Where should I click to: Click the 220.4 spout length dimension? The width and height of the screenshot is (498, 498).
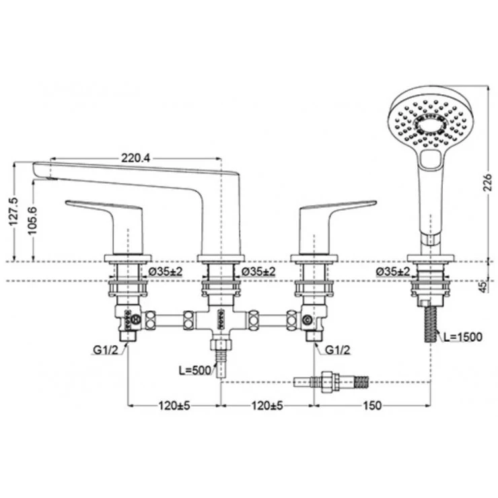click(135, 157)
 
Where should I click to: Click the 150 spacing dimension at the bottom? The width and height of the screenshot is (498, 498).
click(371, 406)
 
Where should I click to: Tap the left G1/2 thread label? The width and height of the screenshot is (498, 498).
click(106, 350)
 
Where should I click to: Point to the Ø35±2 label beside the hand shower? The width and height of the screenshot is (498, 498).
click(396, 271)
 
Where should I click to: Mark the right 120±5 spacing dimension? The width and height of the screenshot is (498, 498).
click(267, 406)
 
